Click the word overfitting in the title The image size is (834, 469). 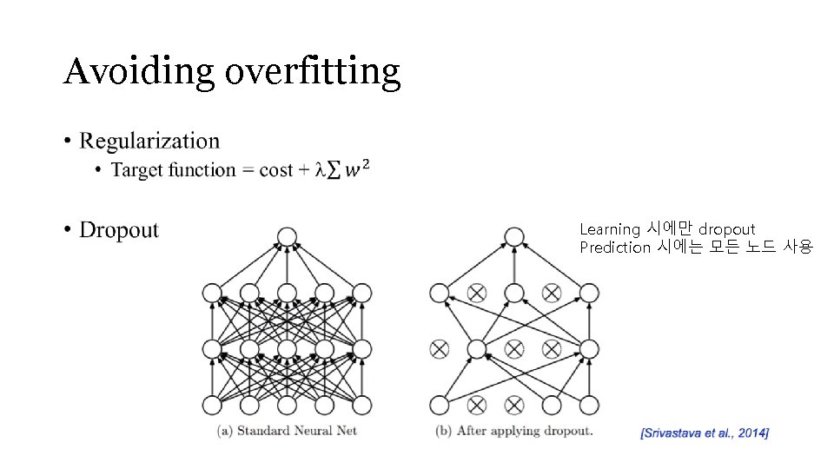(313, 71)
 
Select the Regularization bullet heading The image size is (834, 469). (149, 141)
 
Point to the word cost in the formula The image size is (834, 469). (275, 170)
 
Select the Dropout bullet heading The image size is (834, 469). (119, 230)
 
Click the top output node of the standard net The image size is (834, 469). (287, 236)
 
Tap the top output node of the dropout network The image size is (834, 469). (514, 236)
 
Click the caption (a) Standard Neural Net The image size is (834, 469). (287, 430)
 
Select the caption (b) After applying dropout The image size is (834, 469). (513, 430)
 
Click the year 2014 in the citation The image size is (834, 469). (750, 432)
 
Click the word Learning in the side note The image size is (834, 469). (609, 229)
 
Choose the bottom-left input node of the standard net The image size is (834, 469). (212, 405)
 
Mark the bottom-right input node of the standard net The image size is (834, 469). (362, 405)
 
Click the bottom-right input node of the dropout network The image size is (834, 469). (590, 405)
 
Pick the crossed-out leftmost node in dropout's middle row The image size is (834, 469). (440, 349)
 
